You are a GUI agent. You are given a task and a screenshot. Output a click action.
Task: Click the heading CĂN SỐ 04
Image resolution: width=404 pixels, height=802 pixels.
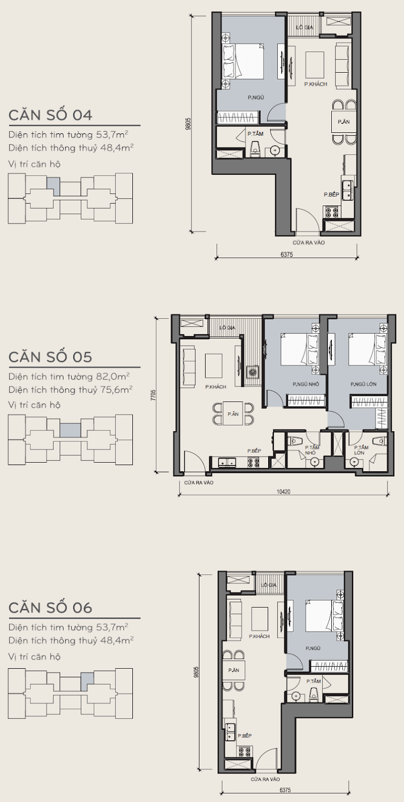coord(50,115)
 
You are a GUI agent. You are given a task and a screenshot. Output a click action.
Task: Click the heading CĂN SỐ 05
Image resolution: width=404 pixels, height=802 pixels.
coord(50,357)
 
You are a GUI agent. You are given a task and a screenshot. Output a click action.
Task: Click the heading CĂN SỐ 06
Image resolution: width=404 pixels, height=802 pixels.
coord(50,608)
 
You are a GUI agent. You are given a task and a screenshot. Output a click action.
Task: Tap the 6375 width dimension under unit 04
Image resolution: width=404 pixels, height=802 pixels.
coord(286,255)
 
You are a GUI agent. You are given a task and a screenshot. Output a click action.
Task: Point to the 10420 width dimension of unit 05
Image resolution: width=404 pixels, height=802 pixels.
coord(284,491)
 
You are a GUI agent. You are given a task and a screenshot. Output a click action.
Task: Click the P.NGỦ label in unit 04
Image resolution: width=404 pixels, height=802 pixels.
coord(256,97)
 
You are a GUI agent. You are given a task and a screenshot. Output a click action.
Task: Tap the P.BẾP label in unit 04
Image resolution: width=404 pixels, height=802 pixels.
coord(331,194)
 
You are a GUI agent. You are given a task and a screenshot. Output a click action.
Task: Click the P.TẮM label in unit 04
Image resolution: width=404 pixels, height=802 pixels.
coord(256,133)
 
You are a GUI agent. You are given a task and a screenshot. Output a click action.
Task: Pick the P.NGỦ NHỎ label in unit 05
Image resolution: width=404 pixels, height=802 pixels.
coord(306,384)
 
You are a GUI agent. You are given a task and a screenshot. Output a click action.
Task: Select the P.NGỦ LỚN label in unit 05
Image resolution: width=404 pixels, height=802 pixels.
coord(364,384)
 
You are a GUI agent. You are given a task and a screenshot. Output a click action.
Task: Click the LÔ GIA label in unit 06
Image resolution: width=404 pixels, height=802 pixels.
coord(269,585)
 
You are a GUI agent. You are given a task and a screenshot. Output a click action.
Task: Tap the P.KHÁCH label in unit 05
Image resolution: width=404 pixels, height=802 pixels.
coord(216,387)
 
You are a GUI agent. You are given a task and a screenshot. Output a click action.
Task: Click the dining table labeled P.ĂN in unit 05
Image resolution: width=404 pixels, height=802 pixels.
coord(233,414)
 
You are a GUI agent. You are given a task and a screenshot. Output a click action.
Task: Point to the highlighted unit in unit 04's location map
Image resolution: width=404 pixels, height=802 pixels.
coord(53,186)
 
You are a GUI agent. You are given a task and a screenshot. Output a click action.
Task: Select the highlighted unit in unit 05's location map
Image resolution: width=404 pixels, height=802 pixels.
coord(70,430)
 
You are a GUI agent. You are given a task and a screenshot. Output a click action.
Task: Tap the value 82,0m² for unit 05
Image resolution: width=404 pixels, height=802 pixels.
coord(113,376)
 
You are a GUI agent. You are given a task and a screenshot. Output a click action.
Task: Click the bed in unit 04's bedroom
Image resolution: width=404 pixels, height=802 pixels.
coord(243,61)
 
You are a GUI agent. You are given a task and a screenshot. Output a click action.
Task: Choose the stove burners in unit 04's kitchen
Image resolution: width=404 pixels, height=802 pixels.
coord(332,212)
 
